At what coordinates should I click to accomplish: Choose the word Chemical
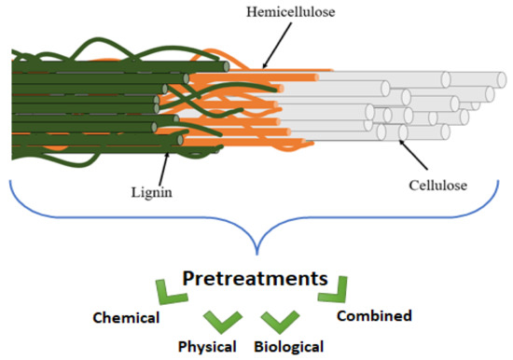127,317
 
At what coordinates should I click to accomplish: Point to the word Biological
288,346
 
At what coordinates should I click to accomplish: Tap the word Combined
373,316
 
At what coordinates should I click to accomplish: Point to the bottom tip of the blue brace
256,249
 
